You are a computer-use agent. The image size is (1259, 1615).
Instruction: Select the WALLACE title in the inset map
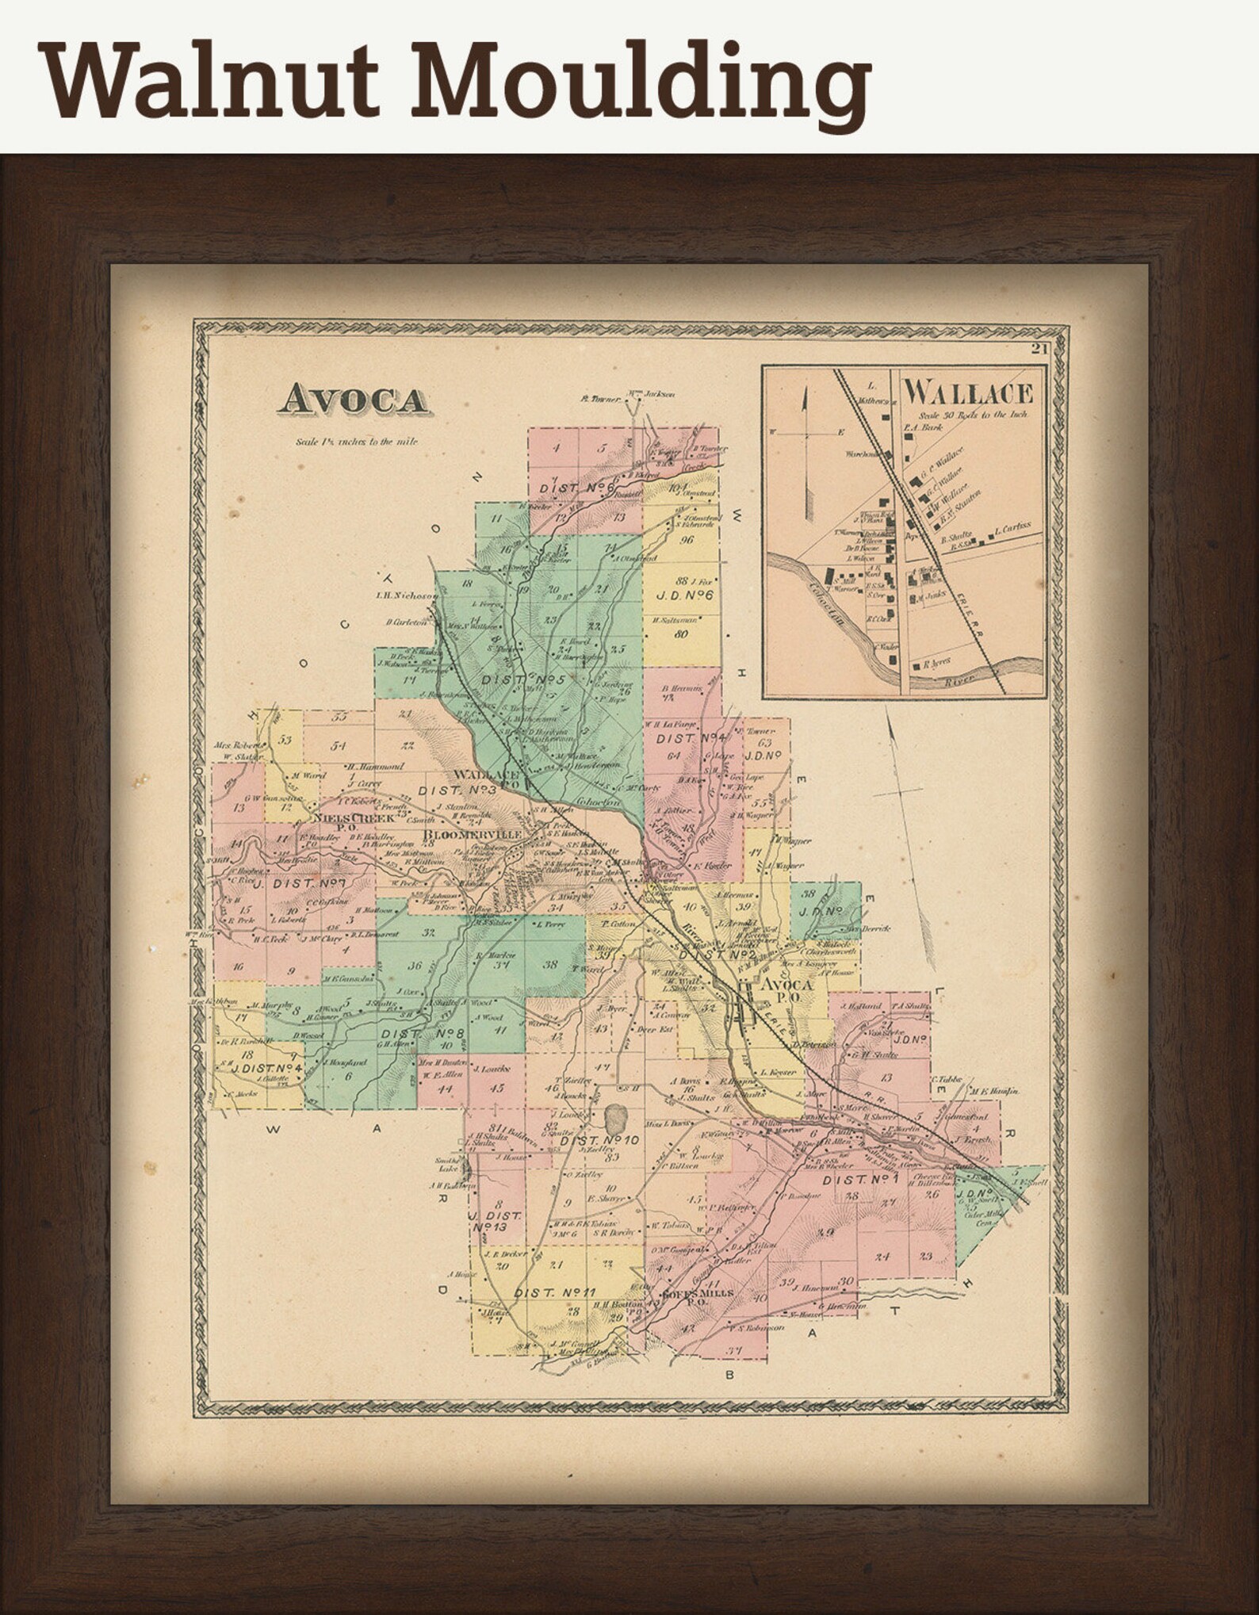[969, 392]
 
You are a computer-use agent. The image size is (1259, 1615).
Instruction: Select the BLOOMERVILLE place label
[473, 835]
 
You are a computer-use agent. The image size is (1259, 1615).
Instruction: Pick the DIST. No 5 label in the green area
[523, 680]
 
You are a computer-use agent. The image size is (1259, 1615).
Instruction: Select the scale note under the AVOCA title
[356, 442]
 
